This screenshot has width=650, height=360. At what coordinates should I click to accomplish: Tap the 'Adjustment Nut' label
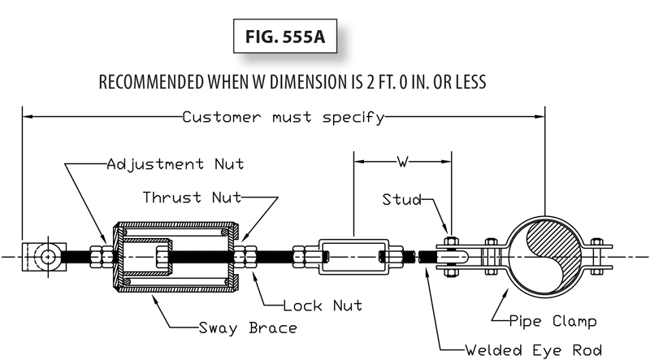click(x=175, y=164)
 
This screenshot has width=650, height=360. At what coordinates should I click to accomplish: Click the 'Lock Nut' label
click(x=323, y=306)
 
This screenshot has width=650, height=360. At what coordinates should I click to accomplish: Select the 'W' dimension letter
click(x=401, y=162)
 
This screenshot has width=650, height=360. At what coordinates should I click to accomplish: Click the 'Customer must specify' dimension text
click(x=283, y=117)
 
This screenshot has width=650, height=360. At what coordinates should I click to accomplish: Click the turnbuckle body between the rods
click(x=353, y=256)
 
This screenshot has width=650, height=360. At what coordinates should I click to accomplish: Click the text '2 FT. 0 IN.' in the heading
click(x=398, y=83)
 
